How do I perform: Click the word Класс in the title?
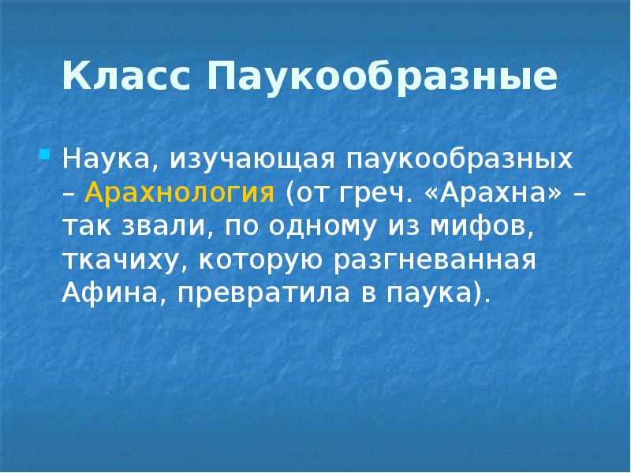[x=127, y=78]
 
